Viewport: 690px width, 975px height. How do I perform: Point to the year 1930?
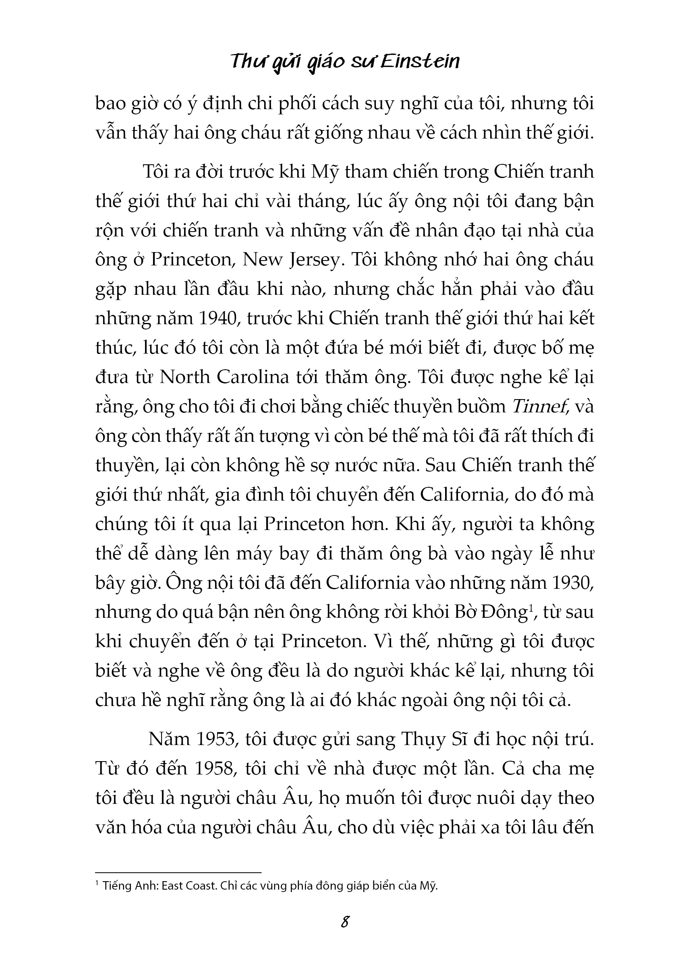click(571, 582)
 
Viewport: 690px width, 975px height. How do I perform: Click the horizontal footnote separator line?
click(178, 871)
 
